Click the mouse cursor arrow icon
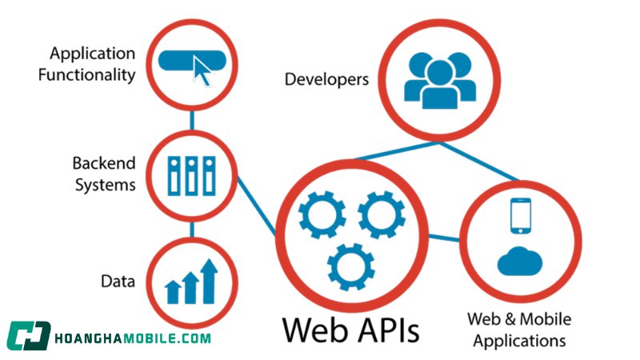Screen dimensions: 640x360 click(202, 71)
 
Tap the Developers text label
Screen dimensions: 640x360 click(326, 79)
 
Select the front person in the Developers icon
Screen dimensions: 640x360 click(439, 85)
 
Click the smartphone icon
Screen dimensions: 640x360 click(521, 215)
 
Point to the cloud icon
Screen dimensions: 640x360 click(519, 262)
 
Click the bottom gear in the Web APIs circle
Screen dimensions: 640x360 click(351, 267)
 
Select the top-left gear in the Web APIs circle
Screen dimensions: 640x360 click(322, 214)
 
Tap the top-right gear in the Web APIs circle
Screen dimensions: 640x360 click(382, 214)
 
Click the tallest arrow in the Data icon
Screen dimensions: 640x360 click(210, 282)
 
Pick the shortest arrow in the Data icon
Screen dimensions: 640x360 click(173, 292)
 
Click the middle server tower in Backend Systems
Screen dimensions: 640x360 click(192, 175)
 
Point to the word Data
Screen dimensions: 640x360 click(118, 282)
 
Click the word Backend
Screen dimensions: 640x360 click(104, 163)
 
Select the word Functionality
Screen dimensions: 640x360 click(86, 75)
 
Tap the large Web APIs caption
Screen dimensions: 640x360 click(350, 330)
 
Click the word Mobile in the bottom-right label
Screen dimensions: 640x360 click(546, 319)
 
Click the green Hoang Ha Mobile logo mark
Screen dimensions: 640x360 click(29, 336)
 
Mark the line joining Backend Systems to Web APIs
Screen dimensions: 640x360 click(257, 206)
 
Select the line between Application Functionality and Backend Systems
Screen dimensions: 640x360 click(192, 121)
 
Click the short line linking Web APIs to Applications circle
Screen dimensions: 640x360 click(444, 238)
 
